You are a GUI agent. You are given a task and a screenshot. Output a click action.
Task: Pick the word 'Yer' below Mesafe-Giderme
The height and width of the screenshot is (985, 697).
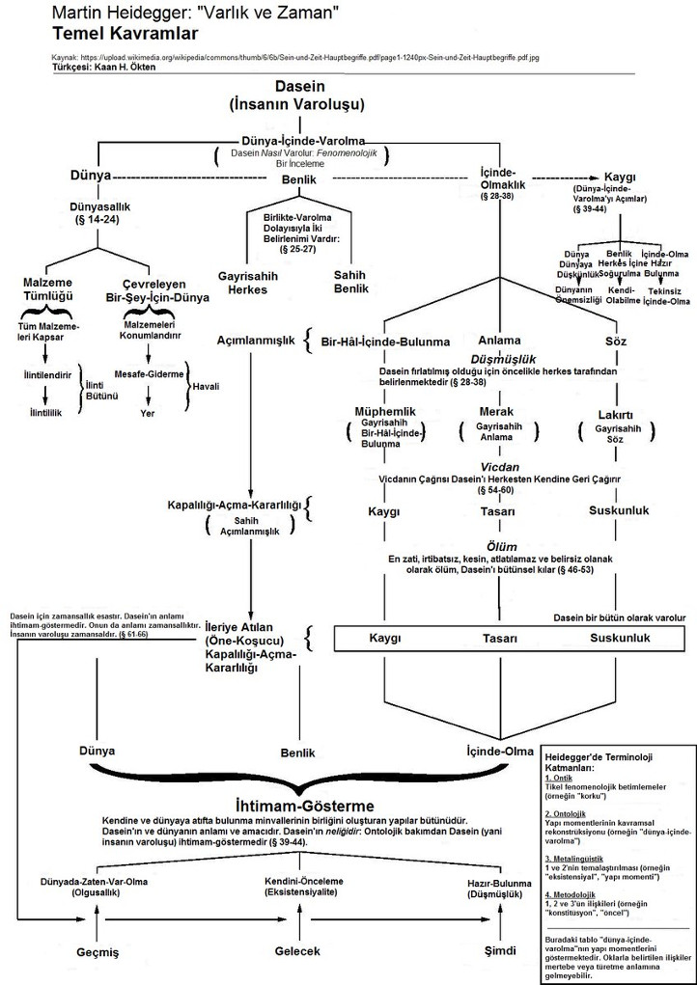pos(147,413)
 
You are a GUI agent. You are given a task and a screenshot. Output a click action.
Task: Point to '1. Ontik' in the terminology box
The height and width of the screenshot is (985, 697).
pos(560,778)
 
